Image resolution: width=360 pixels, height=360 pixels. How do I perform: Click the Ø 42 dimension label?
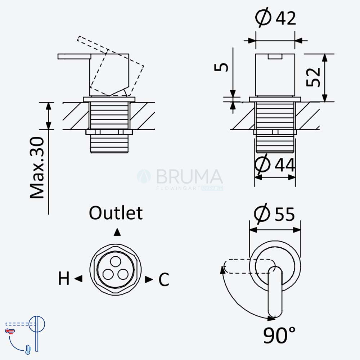click(x=275, y=17)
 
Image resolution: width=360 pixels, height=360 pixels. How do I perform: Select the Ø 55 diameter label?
click(x=274, y=213)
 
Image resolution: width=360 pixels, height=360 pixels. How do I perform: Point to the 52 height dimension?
click(x=313, y=77)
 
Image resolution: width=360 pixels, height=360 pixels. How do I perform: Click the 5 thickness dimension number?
click(x=221, y=67)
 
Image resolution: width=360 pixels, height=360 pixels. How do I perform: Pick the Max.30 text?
click(x=37, y=168)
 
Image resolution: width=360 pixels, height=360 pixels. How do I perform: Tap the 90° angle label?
click(x=279, y=335)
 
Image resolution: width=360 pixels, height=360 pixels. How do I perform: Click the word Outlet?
click(x=116, y=213)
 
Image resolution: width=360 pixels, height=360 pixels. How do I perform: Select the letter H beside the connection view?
click(x=64, y=278)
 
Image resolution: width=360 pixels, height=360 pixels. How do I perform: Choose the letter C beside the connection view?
click(x=164, y=279)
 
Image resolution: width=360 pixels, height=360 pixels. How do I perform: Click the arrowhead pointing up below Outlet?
click(x=117, y=232)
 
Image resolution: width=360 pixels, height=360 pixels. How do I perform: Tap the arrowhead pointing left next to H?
click(x=78, y=279)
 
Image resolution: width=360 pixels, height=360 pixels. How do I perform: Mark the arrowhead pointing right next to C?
click(x=149, y=279)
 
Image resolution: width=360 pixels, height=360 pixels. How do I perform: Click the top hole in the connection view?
click(x=115, y=261)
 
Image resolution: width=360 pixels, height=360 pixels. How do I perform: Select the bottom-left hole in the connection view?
click(x=108, y=274)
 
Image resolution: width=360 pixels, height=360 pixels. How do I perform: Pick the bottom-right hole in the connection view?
click(x=123, y=274)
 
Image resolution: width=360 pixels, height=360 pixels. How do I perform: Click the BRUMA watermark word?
click(x=189, y=176)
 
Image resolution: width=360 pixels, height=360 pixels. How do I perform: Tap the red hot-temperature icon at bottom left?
click(x=10, y=331)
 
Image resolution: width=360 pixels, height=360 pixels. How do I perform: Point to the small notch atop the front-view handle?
click(x=275, y=57)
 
